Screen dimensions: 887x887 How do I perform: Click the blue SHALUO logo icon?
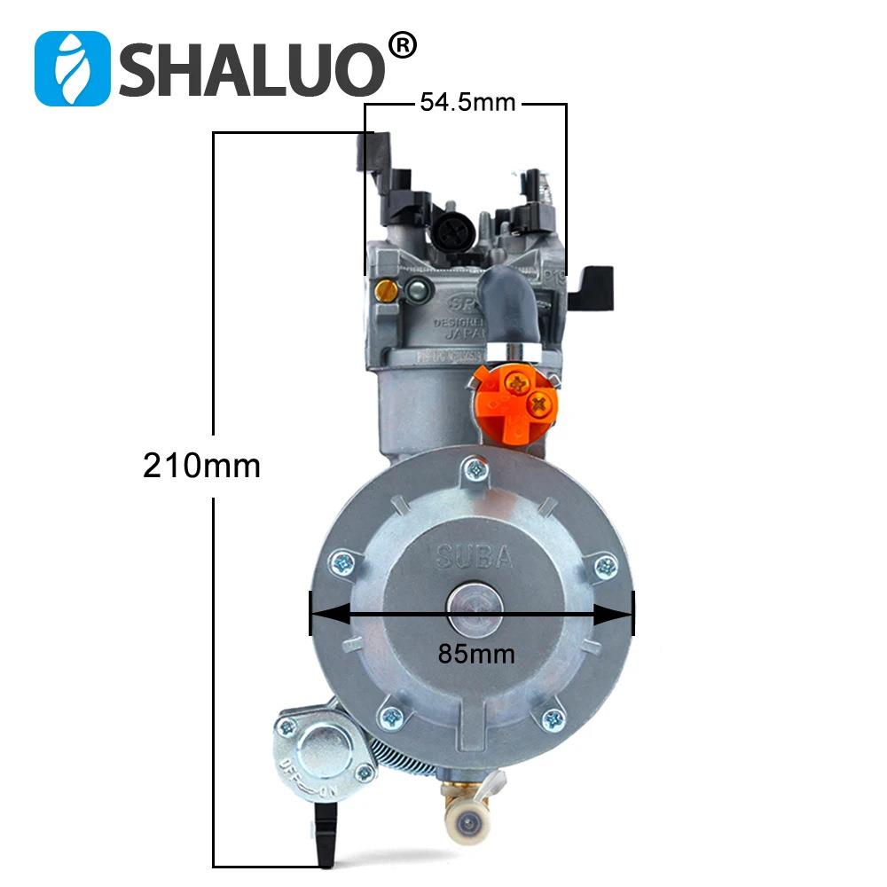[72, 68]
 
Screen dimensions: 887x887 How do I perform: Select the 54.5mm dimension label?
[467, 103]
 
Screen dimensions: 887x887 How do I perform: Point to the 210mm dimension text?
[202, 465]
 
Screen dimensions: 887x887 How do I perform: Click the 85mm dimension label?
[476, 654]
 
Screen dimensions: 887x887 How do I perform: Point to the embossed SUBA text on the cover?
[475, 557]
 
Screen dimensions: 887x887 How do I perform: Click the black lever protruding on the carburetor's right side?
[591, 288]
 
